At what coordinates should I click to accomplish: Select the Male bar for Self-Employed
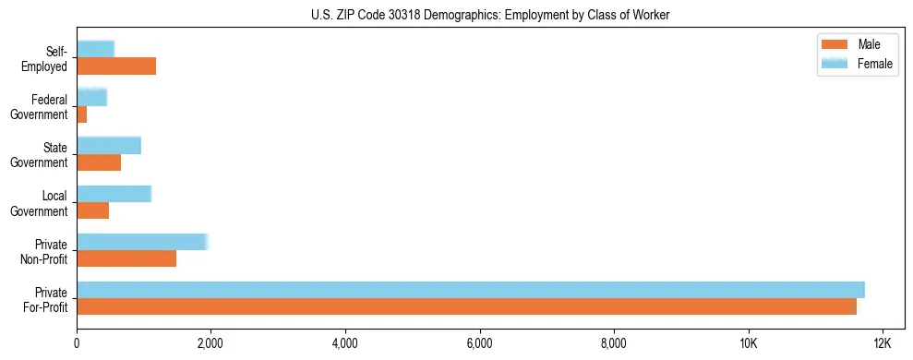click(x=116, y=66)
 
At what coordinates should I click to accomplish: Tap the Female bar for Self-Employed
click(x=95, y=49)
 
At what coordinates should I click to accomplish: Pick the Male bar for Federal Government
click(x=82, y=114)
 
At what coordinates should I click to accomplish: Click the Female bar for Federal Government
click(x=91, y=97)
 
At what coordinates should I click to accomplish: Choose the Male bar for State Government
click(x=99, y=162)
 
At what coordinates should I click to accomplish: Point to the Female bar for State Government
click(x=109, y=145)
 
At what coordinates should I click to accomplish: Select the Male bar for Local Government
click(x=93, y=210)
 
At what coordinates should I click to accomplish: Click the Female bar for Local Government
click(x=114, y=194)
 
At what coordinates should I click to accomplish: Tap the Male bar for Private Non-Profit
click(x=126, y=258)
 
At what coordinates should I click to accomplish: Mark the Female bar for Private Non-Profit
click(x=142, y=242)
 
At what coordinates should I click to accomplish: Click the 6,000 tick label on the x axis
click(x=479, y=344)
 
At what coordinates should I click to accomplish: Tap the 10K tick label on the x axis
click(x=748, y=344)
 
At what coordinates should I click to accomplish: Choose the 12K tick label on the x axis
click(x=883, y=344)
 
